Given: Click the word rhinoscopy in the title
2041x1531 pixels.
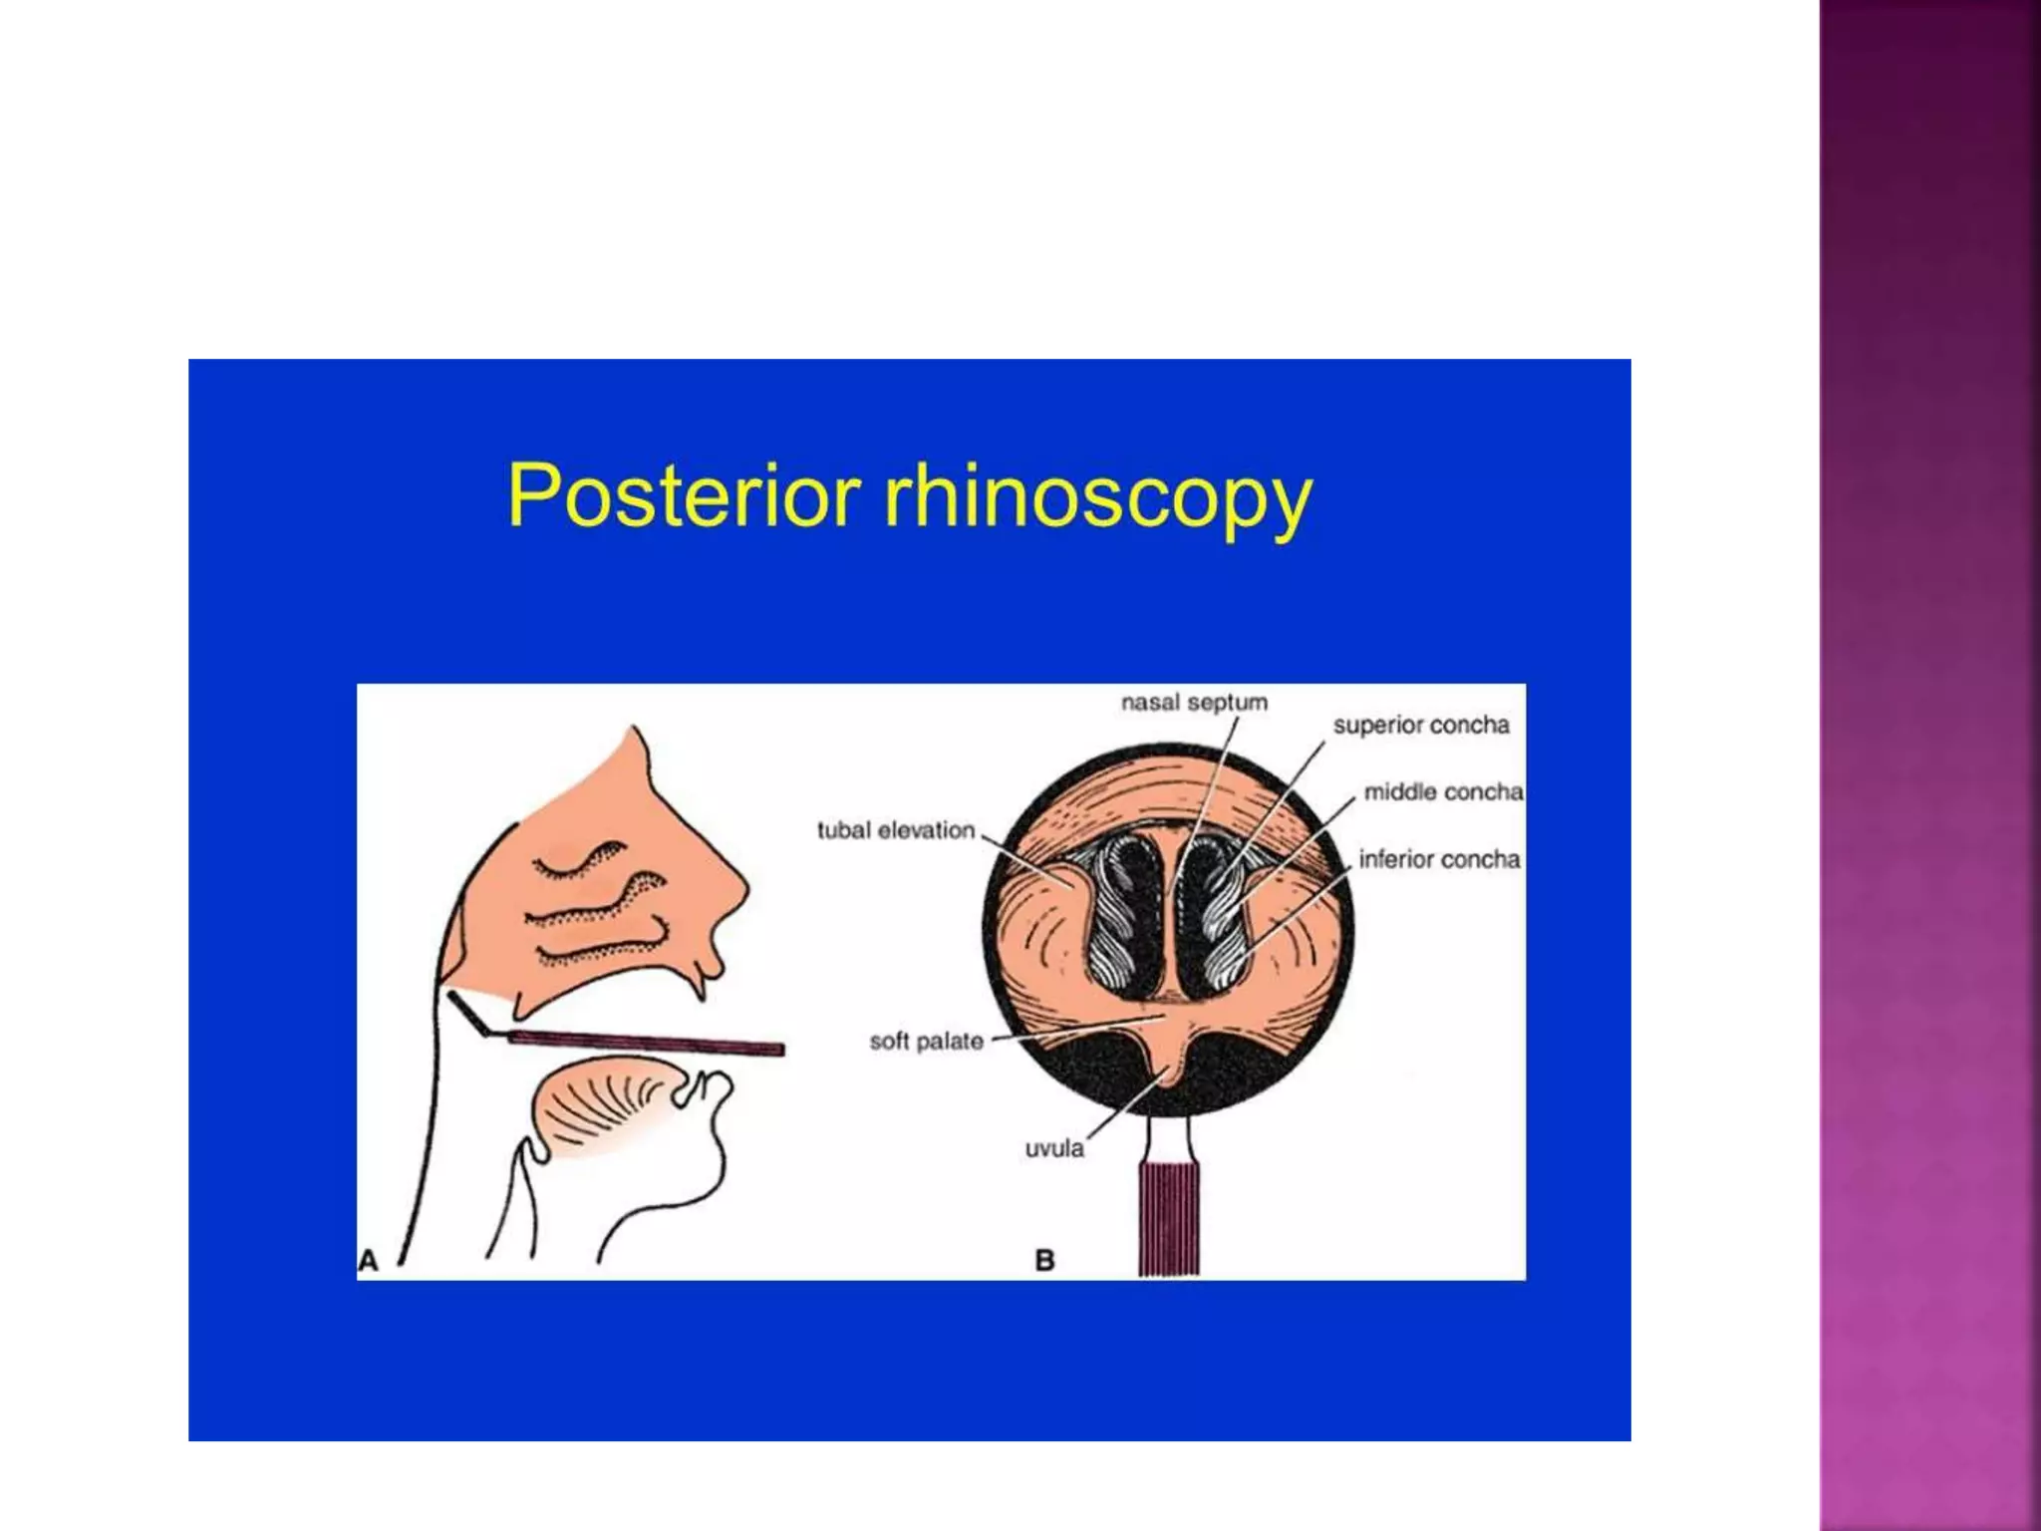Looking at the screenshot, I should pos(1098,498).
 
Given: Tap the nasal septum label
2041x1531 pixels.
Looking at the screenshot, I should pos(1194,703).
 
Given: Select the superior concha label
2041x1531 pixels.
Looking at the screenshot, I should pos(1421,726).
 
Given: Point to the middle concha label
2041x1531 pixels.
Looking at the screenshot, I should pos(1443,792).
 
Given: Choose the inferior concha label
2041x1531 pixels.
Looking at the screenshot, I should pos(1439,860).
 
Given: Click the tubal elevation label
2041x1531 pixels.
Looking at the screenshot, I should pos(895,830).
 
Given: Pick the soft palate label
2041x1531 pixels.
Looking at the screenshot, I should pos(926,1042).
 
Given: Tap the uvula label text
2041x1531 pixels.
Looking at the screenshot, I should pos(1054,1149).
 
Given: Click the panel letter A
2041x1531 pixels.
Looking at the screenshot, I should pos(369,1261).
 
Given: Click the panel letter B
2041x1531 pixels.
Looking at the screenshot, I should pos(1044,1261).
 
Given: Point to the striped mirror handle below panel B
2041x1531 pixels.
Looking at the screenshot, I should pos(1169,1220).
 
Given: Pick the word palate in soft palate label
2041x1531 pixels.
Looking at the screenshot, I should pos(951,1042).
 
